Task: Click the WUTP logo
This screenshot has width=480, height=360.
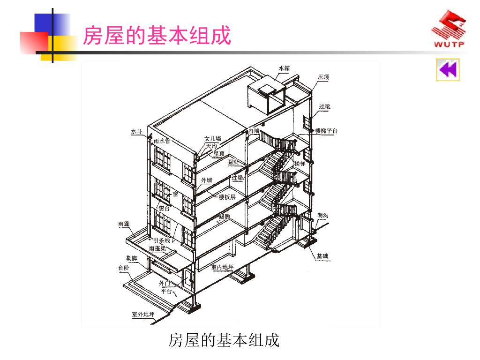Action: pyautogui.click(x=449, y=30)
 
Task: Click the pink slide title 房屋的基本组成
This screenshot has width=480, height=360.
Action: pyautogui.click(x=157, y=36)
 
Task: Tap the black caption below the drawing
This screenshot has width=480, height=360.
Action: pyautogui.click(x=224, y=340)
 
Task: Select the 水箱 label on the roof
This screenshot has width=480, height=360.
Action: pyautogui.click(x=284, y=68)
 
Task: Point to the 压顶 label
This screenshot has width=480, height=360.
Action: pyautogui.click(x=323, y=77)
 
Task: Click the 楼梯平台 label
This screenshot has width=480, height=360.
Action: pyautogui.click(x=326, y=131)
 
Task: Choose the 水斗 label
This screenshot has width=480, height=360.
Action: pyautogui.click(x=136, y=132)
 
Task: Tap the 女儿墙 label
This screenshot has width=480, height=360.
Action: pyautogui.click(x=213, y=139)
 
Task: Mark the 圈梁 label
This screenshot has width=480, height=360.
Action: pyautogui.click(x=233, y=162)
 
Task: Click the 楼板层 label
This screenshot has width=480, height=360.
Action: pyautogui.click(x=227, y=197)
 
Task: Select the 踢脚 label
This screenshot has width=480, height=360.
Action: pyautogui.click(x=225, y=217)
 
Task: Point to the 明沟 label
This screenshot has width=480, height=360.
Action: pyautogui.click(x=322, y=215)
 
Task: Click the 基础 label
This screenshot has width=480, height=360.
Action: pyautogui.click(x=322, y=256)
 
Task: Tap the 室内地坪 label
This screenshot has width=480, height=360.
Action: pyautogui.click(x=222, y=267)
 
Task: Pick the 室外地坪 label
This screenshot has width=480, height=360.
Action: pyautogui.click(x=143, y=314)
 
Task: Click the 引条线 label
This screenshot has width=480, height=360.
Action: pyautogui.click(x=161, y=240)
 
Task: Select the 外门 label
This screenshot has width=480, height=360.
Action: pyautogui.click(x=165, y=283)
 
